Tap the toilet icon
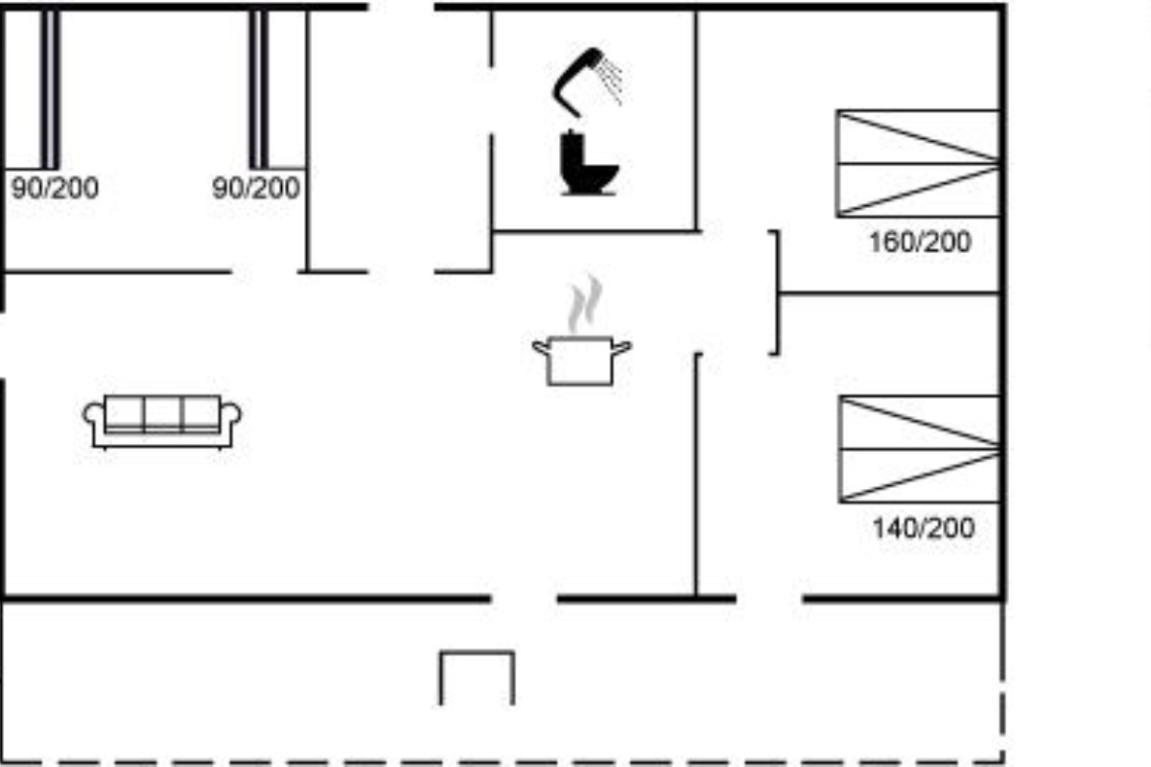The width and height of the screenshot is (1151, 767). click(x=587, y=163)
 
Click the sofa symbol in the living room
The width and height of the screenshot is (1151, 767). click(x=162, y=422)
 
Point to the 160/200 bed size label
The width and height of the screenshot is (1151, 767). click(x=920, y=242)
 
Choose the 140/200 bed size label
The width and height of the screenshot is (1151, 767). click(x=924, y=527)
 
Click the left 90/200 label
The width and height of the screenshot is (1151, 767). click(x=55, y=188)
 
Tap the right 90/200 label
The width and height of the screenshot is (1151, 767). click(x=256, y=188)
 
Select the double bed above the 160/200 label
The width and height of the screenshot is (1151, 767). click(x=918, y=163)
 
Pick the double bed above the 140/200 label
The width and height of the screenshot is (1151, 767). click(x=919, y=449)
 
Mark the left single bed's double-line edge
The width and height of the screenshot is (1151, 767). click(x=50, y=89)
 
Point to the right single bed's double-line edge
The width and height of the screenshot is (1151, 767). click(x=258, y=89)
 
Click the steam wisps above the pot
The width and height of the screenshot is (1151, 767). click(x=585, y=304)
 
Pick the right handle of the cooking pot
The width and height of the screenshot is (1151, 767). click(x=622, y=348)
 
